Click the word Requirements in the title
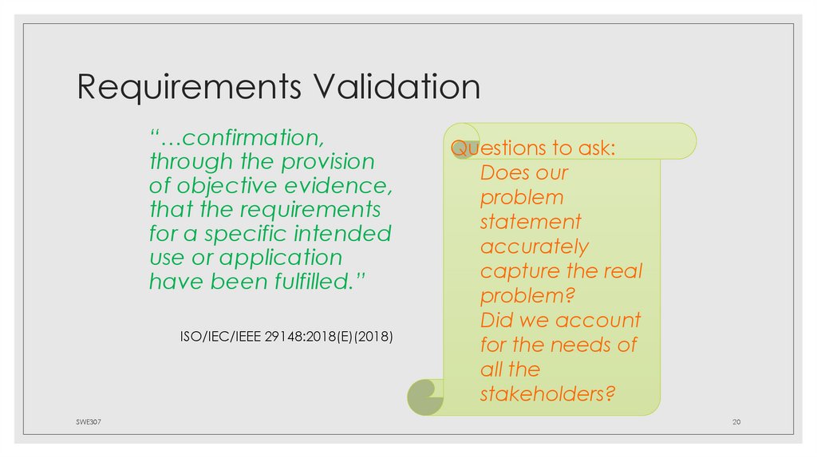point(188,87)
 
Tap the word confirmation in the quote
point(243,137)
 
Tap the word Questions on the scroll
point(489,148)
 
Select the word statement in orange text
point(531,222)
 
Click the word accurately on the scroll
point(534,247)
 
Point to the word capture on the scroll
point(520,271)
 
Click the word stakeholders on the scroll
point(547,394)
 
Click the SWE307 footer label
point(78,421)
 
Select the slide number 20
point(737,421)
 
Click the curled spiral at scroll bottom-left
point(423,396)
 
